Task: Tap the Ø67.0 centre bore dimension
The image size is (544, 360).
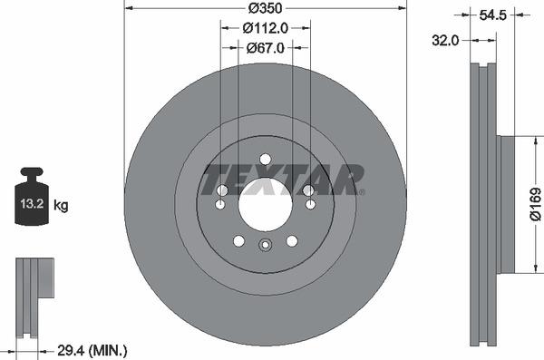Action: click(266, 48)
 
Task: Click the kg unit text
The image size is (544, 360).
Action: click(62, 206)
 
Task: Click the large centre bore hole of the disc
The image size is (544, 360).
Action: click(265, 199)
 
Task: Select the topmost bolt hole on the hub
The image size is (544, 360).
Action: click(265, 160)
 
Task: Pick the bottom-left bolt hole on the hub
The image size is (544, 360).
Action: click(239, 240)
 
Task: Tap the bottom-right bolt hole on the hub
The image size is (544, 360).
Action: click(291, 240)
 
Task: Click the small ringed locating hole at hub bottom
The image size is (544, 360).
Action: click(265, 244)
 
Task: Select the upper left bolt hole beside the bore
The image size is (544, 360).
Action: click(222, 190)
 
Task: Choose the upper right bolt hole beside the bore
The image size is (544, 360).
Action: click(307, 190)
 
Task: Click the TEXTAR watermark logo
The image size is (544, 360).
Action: click(283, 179)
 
